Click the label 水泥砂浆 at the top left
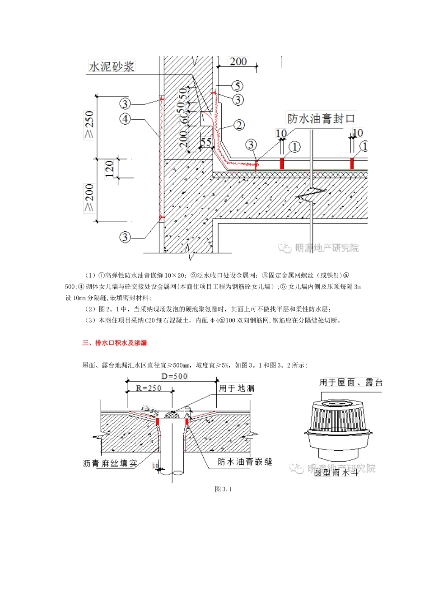coord(112,67)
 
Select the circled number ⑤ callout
coord(238,86)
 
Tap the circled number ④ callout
coord(125,119)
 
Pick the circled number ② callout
coord(239,125)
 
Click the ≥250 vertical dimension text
coord(89,125)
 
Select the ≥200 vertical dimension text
coord(89,197)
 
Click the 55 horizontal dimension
coord(206,142)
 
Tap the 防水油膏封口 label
coord(321,119)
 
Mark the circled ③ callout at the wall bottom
coord(125,237)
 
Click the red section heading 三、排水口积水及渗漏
coord(115,343)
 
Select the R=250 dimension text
coord(149,388)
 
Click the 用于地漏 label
coord(237,388)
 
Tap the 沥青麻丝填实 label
coord(110,463)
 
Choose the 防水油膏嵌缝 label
coord(245,462)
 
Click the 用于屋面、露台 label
coord(351,383)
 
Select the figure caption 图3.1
coord(223,489)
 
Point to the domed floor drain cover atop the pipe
coord(172,414)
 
